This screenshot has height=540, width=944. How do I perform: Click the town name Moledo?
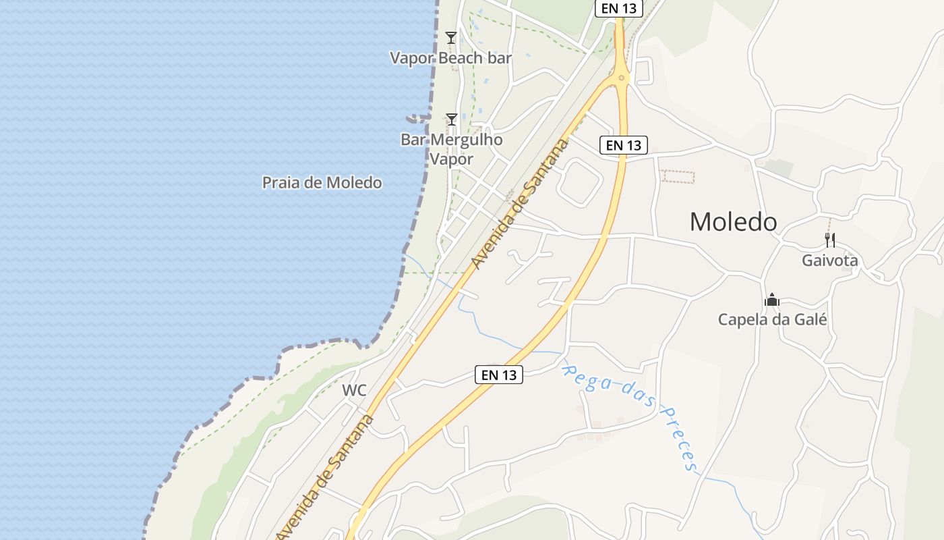pyautogui.click(x=733, y=221)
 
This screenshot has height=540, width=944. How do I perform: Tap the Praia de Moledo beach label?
pyautogui.click(x=322, y=182)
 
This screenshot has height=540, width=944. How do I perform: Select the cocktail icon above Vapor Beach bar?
pyautogui.click(x=451, y=38)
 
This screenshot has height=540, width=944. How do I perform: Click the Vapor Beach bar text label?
pyautogui.click(x=450, y=58)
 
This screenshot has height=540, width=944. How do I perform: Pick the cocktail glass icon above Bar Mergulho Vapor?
pyautogui.click(x=452, y=119)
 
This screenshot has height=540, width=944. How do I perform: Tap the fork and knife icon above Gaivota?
pyautogui.click(x=830, y=240)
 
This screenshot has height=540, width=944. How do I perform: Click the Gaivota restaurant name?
pyautogui.click(x=829, y=261)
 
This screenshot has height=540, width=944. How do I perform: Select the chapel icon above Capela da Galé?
pyautogui.click(x=772, y=300)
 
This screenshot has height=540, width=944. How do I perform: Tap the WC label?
pyautogui.click(x=354, y=390)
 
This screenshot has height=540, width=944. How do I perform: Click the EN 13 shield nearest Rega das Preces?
pyautogui.click(x=499, y=375)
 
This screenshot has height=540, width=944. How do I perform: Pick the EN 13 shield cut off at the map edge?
pyautogui.click(x=618, y=8)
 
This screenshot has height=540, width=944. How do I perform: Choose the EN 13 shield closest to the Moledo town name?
pyautogui.click(x=623, y=144)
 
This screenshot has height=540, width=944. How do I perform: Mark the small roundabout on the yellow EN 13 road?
pyautogui.click(x=621, y=78)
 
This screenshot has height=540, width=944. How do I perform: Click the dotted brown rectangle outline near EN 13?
pyautogui.click(x=678, y=177)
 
